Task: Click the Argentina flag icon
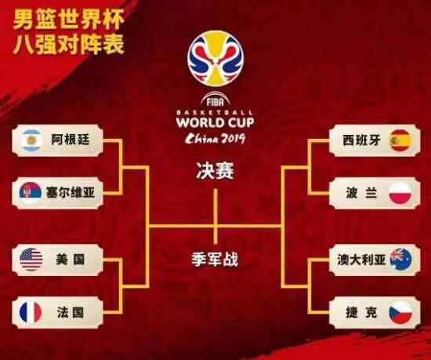coord(31,140)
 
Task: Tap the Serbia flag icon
coord(31,192)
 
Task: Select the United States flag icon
coord(31,260)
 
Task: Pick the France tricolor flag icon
coord(31,312)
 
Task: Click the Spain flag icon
coord(400,140)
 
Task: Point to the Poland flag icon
coord(400,193)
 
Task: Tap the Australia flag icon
coord(400,260)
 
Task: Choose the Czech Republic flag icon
coord(400,312)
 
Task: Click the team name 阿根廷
coord(71,140)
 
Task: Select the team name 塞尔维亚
coord(71,192)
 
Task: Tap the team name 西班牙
coord(361,140)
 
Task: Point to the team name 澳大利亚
coord(361,260)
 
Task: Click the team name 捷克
coord(361,312)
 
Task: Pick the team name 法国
coord(71,312)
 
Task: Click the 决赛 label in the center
coord(215,171)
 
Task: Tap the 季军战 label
coord(215,259)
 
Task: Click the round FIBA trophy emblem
coord(215,58)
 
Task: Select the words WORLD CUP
coord(215,122)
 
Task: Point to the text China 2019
coord(215,139)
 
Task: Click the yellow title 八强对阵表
coord(68,44)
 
